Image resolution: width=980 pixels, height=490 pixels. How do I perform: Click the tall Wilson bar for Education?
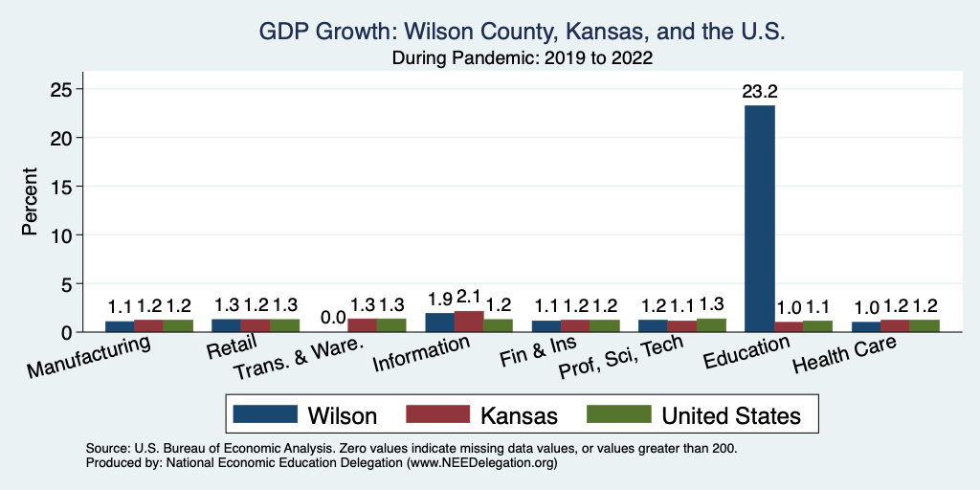coord(760,218)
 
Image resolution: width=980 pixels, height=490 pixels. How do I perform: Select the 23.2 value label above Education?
coord(760,93)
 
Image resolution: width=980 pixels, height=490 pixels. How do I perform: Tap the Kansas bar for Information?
coord(469,322)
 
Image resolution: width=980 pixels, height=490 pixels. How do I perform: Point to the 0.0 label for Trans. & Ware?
coord(333,317)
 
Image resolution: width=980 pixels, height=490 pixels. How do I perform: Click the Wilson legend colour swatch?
coord(262,414)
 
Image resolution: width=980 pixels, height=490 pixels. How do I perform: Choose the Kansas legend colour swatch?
coord(438,414)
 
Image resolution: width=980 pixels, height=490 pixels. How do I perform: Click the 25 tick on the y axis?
coord(60,89)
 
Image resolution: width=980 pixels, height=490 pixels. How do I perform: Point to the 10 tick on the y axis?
coord(60,234)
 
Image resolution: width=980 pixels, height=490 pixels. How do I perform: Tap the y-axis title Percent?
coord(31,202)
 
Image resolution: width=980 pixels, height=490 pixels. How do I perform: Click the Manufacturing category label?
coord(90,355)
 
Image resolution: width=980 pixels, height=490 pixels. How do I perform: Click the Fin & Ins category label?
coord(534,356)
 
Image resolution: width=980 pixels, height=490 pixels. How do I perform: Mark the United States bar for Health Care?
coord(924,325)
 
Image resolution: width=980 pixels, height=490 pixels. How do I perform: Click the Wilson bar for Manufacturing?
coord(120,326)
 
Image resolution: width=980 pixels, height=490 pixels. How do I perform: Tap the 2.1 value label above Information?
coord(469,296)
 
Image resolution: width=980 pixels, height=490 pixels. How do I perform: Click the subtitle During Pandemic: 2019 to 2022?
coord(522,58)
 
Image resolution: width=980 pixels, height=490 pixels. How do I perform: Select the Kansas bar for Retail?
coord(256,325)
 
